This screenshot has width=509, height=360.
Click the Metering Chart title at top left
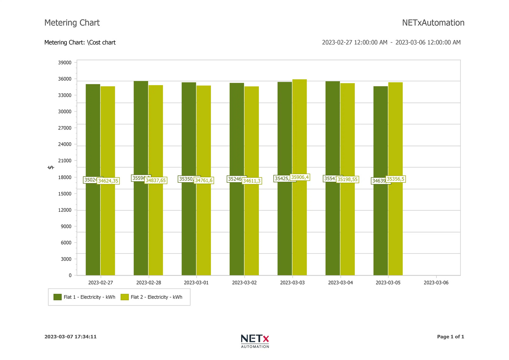click(x=72, y=23)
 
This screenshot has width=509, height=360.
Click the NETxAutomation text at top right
click(x=433, y=23)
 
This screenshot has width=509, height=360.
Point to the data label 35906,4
click(x=300, y=177)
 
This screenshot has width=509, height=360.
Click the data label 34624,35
click(x=108, y=181)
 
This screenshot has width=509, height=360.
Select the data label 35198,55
click(x=347, y=180)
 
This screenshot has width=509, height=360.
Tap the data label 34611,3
click(x=252, y=181)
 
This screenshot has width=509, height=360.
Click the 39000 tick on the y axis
click(x=65, y=63)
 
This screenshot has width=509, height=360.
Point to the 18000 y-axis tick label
click(x=65, y=177)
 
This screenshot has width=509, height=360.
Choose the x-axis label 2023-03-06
click(x=436, y=283)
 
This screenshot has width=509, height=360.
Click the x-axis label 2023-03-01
click(x=196, y=283)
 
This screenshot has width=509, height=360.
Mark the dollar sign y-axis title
click(x=51, y=167)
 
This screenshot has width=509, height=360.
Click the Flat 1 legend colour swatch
click(x=57, y=297)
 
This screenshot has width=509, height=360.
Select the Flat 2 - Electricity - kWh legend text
click(x=156, y=297)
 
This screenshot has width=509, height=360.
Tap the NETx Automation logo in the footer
click(x=255, y=341)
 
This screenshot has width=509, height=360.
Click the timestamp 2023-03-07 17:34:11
click(x=70, y=337)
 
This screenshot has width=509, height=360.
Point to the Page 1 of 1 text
click(x=450, y=337)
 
